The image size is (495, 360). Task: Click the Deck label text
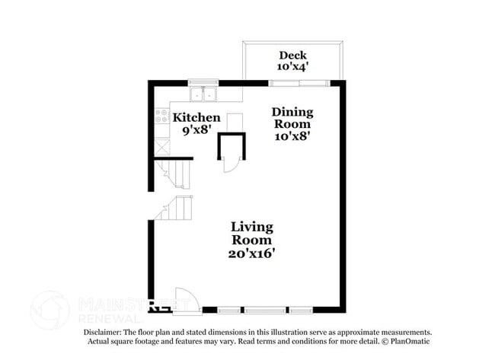pos(292,56)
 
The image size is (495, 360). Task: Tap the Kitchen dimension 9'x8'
pos(196,129)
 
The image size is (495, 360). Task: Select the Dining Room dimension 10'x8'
pos(292,136)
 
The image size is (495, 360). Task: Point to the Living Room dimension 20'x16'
pos(251,253)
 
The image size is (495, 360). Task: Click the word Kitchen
pos(196,117)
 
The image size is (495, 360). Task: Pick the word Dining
pos(292,113)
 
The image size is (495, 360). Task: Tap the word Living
pos(252,228)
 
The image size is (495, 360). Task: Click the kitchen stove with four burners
pos(161,116)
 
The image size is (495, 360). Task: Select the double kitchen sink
pos(203,94)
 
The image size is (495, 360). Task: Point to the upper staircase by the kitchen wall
pos(174,174)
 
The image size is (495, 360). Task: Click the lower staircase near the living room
pos(174,208)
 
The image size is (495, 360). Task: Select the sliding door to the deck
pos(299,83)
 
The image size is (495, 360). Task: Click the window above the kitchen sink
pos(203,82)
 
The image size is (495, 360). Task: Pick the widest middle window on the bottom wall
pos(265,311)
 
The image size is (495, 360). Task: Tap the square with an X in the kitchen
pos(162,147)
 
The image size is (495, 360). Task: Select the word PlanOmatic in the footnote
pos(410,341)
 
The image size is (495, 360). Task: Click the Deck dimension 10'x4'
pos(292,66)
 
